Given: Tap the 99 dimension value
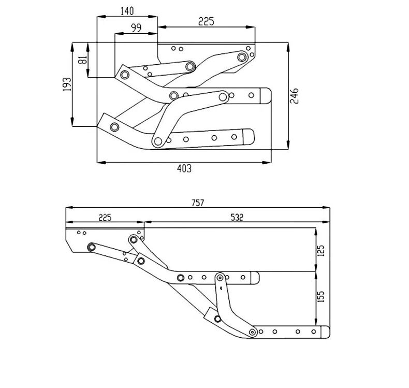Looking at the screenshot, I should coord(136,28).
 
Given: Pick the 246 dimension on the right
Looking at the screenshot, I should coord(294,97).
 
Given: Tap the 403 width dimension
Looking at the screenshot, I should coord(185,168).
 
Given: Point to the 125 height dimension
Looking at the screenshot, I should coord(320,250).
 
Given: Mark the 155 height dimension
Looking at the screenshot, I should coord(320,297).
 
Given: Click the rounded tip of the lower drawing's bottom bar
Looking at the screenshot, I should coord(325,332).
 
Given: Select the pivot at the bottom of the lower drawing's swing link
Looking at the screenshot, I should coord(252,332).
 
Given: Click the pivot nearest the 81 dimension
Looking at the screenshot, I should coord(124,75).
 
